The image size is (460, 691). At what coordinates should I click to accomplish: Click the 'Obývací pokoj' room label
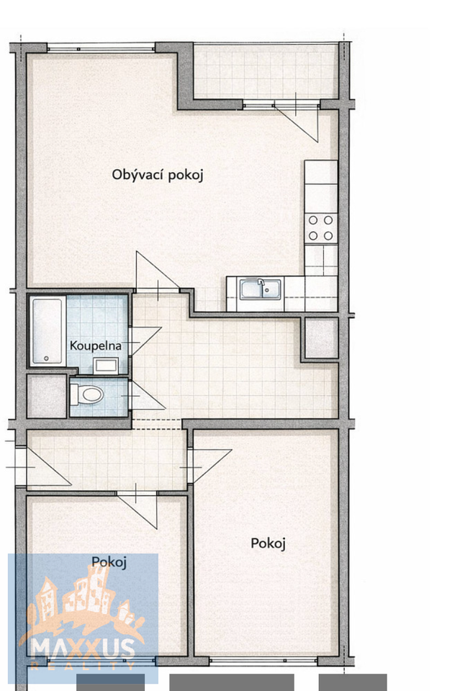[158, 175]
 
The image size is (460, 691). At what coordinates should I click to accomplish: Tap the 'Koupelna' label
[95, 346]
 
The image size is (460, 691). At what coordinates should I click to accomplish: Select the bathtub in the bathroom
[47, 331]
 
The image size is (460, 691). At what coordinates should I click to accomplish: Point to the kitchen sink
[261, 289]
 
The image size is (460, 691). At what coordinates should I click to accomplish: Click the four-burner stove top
[321, 228]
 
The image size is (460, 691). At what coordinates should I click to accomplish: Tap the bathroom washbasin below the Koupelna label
[106, 366]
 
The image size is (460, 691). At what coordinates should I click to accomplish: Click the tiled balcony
[266, 71]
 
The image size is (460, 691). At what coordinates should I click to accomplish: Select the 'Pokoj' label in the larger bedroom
[268, 543]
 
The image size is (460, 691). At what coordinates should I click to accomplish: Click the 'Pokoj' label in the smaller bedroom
[109, 562]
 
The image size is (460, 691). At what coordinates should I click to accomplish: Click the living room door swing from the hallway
[158, 272]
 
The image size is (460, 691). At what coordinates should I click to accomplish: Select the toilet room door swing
[147, 396]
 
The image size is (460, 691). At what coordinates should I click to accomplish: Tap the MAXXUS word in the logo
[83, 649]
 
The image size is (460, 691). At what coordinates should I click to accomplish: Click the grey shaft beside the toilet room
[47, 396]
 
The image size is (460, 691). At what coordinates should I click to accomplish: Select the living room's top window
[101, 48]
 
